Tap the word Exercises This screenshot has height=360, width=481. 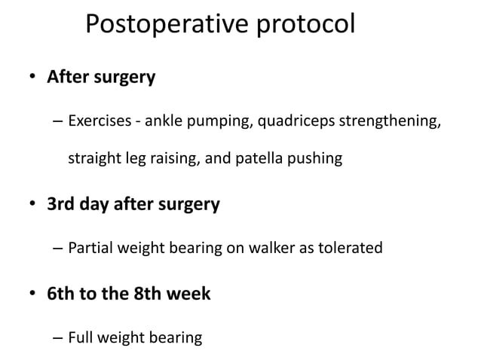coord(96,121)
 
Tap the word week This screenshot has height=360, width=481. coord(190,293)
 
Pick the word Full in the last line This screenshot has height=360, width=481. coord(81,337)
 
